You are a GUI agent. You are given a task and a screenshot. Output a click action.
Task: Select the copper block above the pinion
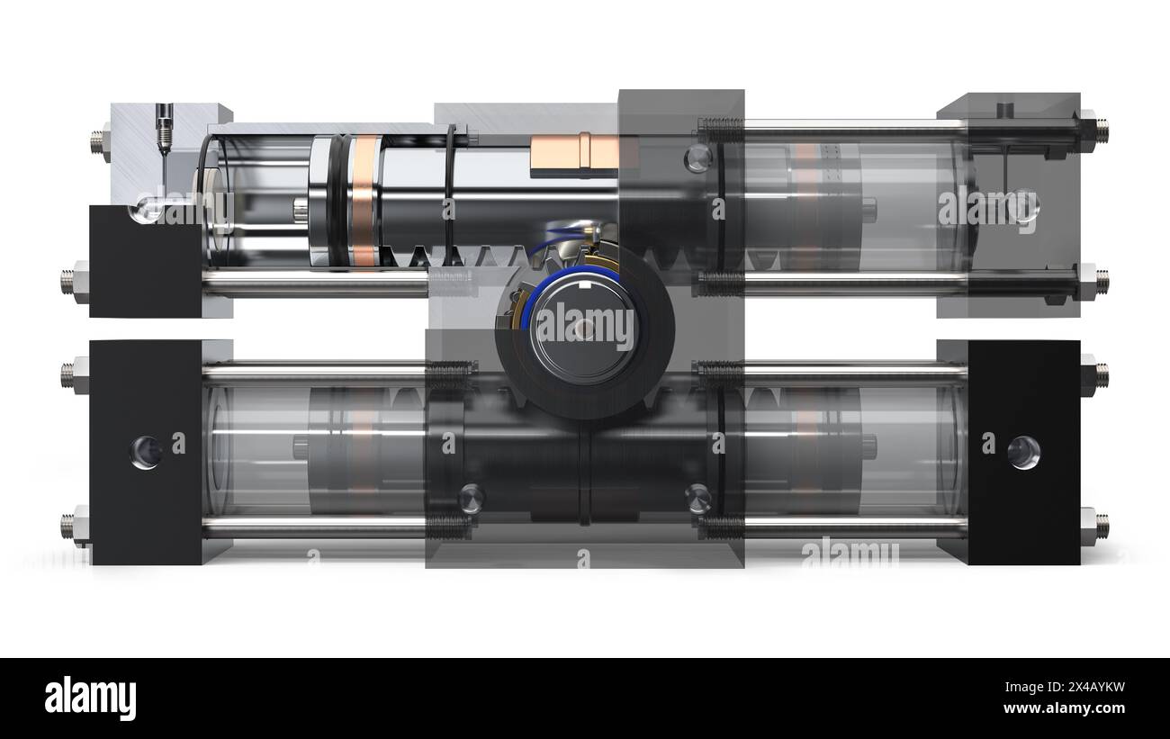(574, 154)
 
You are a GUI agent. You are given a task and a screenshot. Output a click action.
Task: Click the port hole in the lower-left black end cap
(146, 452)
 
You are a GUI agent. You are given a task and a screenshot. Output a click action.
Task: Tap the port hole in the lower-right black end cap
(1023, 452)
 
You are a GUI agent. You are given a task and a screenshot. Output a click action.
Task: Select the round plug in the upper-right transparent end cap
(1022, 206)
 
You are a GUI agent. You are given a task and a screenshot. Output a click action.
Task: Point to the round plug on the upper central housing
(697, 158)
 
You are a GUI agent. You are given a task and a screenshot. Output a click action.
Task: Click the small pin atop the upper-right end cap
(1005, 110)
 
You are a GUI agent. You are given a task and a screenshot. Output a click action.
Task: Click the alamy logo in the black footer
(90, 698)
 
